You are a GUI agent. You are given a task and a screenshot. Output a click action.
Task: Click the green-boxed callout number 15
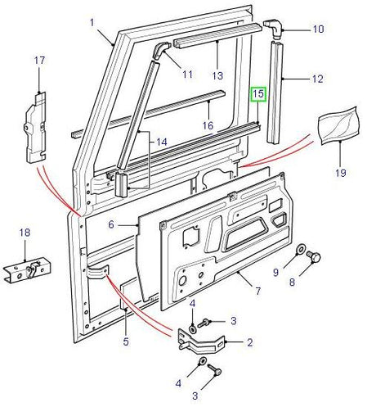point(258,95)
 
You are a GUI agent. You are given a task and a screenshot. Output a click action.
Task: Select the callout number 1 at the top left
point(92,20)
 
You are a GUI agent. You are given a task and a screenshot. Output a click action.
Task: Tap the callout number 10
point(318,30)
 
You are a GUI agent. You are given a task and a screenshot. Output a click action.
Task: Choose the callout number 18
point(25,233)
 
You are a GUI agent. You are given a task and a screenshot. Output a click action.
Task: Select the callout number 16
point(208,125)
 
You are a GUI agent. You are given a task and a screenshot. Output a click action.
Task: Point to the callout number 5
point(127,341)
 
